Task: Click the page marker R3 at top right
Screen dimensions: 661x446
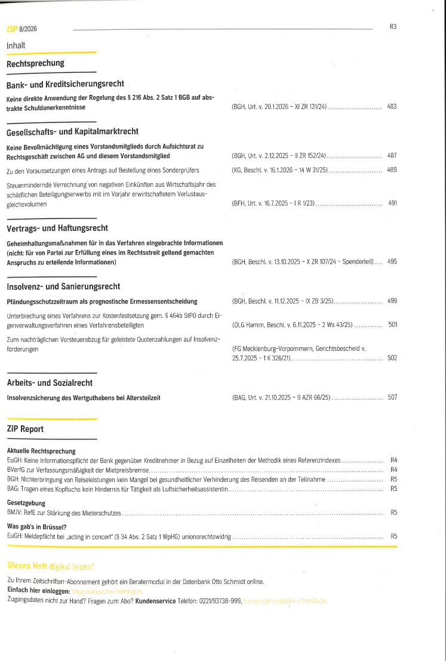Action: (x=393, y=26)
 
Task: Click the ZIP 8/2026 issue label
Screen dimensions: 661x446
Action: (x=21, y=28)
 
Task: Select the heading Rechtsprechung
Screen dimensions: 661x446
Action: (x=35, y=63)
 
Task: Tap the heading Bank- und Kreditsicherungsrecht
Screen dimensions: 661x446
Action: (x=65, y=85)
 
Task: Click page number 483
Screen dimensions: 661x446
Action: (x=392, y=107)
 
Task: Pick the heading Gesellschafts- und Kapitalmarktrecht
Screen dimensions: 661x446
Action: (x=72, y=132)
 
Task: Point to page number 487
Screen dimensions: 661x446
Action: (x=392, y=156)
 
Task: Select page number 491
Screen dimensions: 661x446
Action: (x=392, y=203)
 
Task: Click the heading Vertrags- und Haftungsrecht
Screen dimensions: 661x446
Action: (x=57, y=228)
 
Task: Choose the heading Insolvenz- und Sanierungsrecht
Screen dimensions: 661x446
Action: (x=63, y=287)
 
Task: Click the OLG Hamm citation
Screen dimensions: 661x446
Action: (x=293, y=325)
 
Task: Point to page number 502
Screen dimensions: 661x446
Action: (x=392, y=358)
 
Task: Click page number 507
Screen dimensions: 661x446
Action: (x=392, y=397)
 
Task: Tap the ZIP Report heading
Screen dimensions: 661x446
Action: (x=25, y=429)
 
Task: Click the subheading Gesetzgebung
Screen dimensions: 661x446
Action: (x=26, y=504)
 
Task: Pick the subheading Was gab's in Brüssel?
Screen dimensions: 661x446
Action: (x=36, y=527)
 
